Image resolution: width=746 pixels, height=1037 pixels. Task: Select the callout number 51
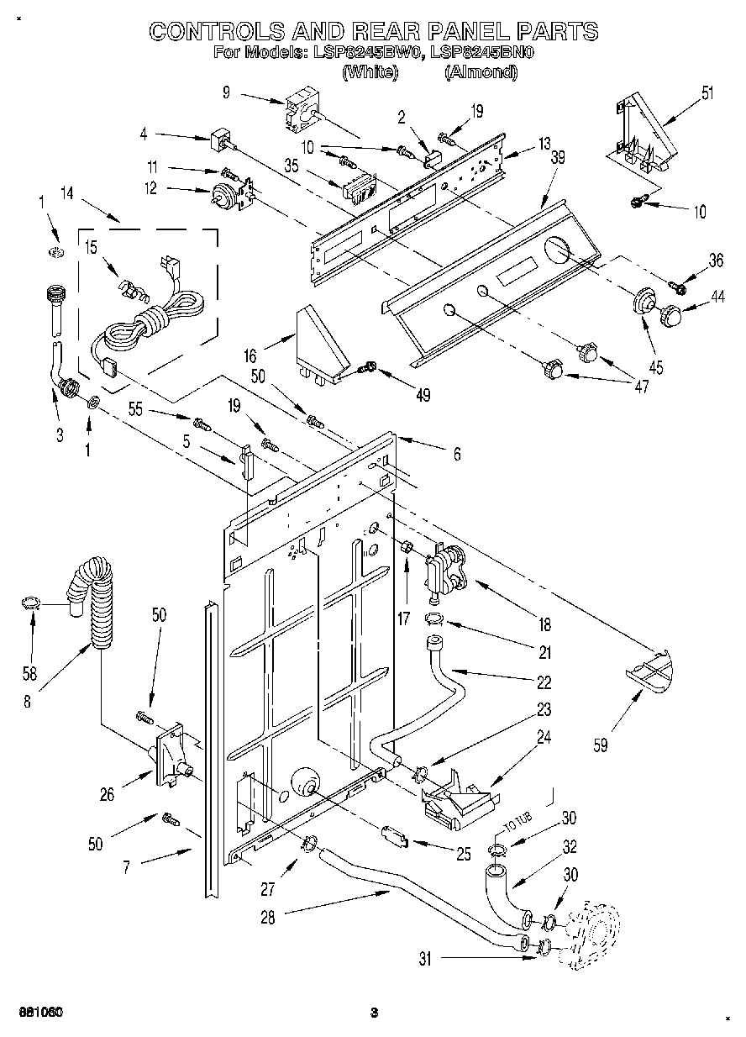pos(708,92)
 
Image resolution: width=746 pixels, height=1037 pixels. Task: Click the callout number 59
pos(601,745)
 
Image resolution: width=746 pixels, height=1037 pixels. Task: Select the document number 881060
pos(36,1011)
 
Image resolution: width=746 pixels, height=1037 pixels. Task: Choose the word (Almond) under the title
pos(481,72)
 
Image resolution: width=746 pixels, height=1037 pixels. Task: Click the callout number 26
pos(107,793)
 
